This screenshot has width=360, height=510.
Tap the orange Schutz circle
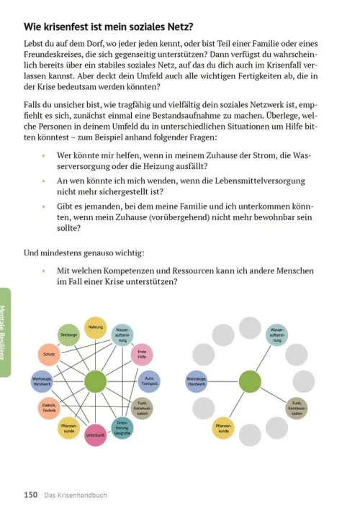[x=49, y=355]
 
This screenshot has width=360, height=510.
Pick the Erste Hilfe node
[x=143, y=354]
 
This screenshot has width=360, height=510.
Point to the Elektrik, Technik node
[x=49, y=408]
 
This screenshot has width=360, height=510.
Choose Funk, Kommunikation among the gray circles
[x=296, y=408]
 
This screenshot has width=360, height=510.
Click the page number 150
[x=30, y=494]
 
